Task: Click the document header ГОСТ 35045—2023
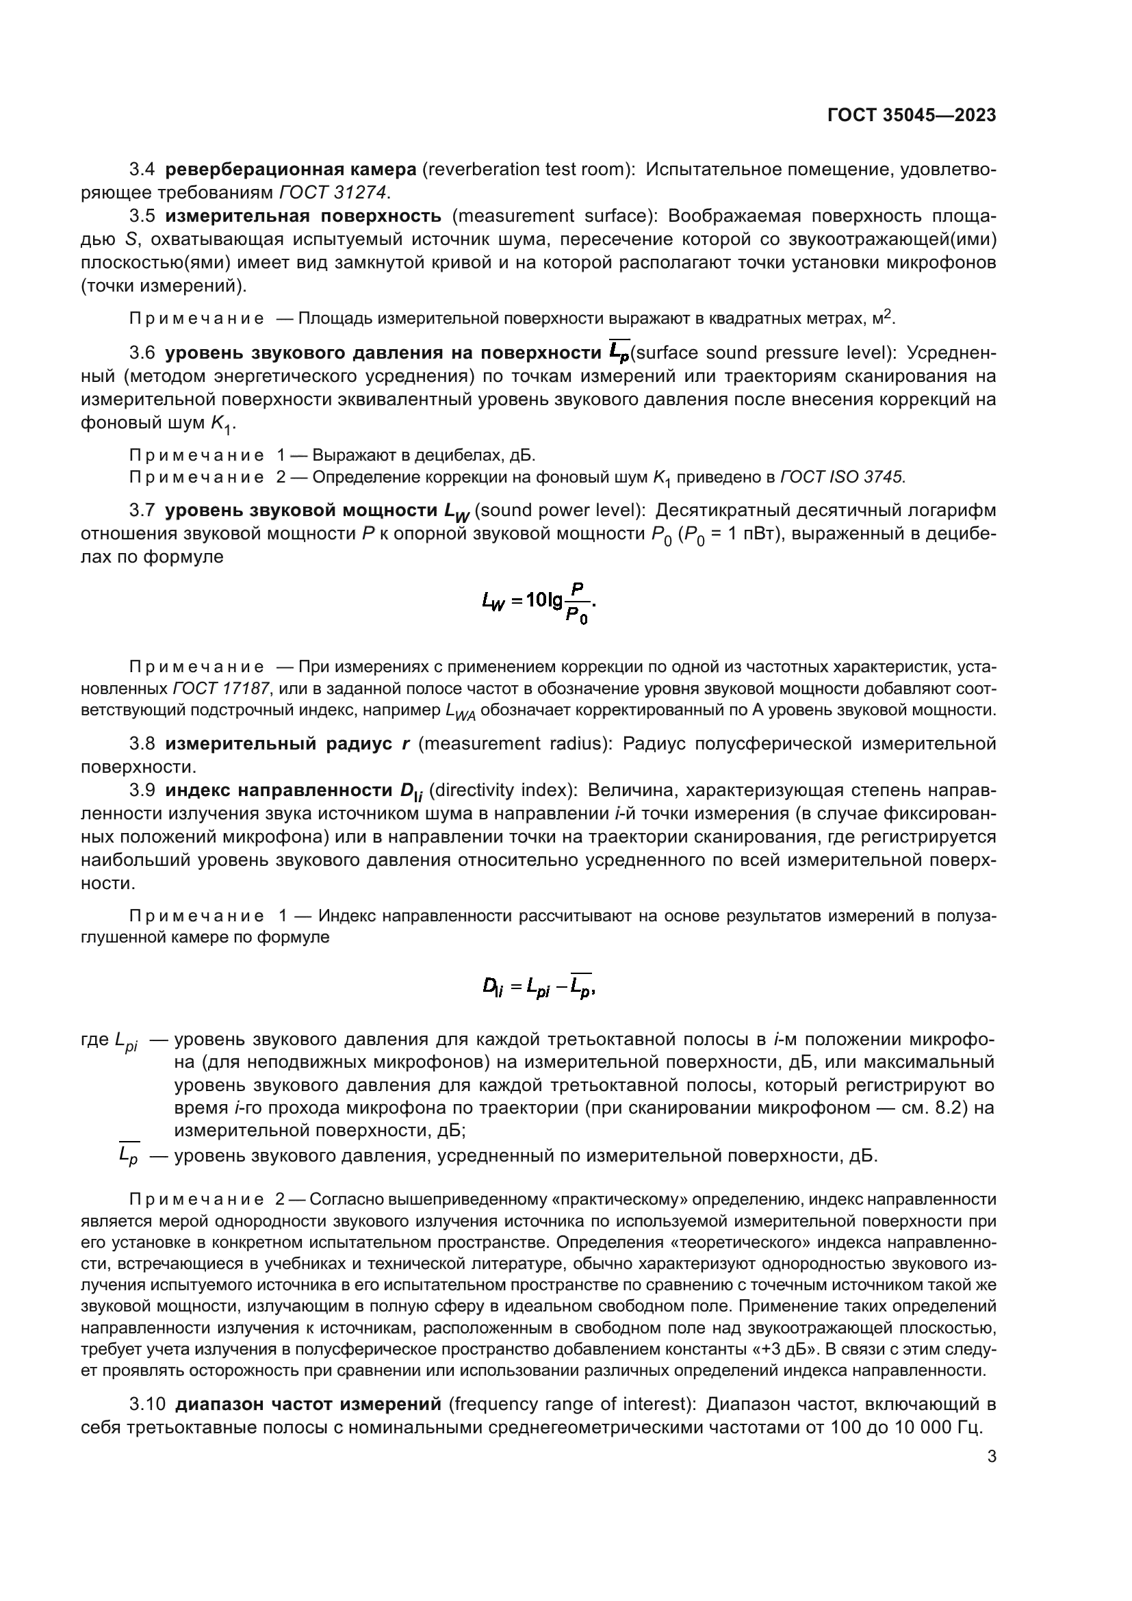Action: tap(912, 116)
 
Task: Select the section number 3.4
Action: tap(142, 170)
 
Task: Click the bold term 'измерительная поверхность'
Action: tap(303, 216)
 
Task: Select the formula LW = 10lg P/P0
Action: tap(538, 603)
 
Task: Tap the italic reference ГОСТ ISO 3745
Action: tap(842, 478)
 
